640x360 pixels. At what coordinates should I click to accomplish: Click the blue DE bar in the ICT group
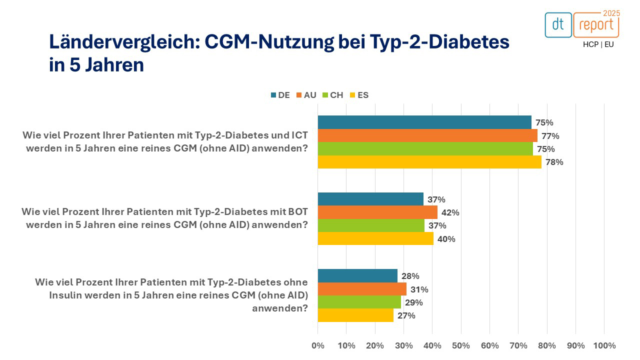(x=424, y=122)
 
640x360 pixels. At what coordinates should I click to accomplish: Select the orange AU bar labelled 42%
(x=377, y=212)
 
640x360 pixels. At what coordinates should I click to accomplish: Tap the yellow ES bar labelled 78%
(x=429, y=162)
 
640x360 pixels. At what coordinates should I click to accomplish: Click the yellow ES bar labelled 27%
(x=355, y=315)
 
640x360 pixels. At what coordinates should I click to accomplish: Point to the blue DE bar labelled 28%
(x=357, y=276)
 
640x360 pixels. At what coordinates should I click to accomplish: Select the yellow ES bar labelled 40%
(x=375, y=239)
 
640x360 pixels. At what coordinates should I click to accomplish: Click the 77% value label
(x=550, y=136)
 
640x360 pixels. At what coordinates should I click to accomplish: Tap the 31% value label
(x=419, y=289)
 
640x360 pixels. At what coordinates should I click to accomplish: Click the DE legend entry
(x=280, y=95)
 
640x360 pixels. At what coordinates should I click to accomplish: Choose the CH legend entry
(x=332, y=95)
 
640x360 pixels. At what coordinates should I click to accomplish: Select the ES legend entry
(x=359, y=95)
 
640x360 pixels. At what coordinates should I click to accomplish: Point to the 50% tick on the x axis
(x=461, y=345)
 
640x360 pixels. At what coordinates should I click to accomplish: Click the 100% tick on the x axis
(x=604, y=345)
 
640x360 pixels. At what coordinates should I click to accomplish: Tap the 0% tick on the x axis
(x=318, y=345)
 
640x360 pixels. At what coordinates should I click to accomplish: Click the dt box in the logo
(x=558, y=25)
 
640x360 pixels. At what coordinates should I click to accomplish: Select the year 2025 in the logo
(x=611, y=13)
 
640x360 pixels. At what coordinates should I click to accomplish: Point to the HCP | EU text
(x=598, y=44)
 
